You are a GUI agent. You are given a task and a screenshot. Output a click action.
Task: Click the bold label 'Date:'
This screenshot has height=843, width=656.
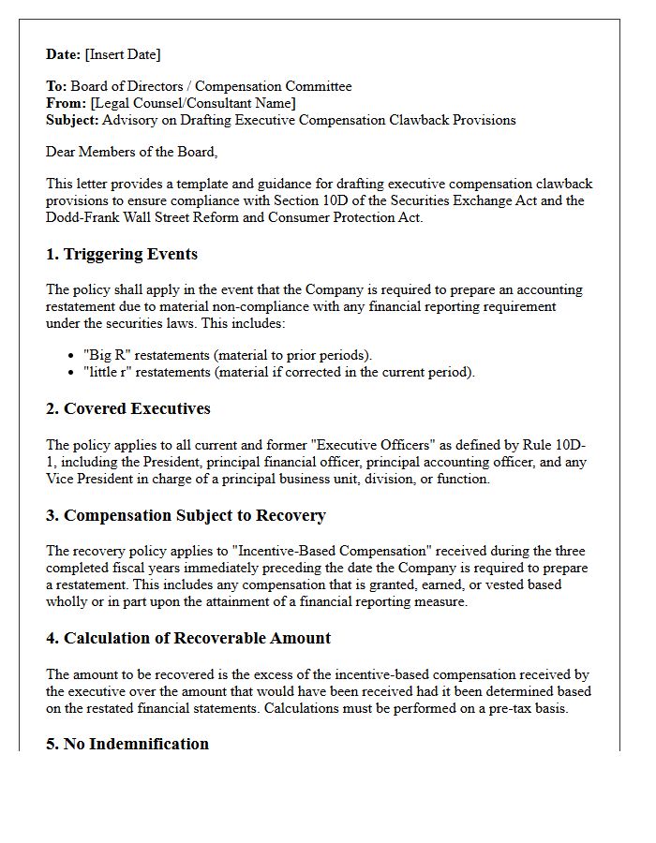pyautogui.click(x=64, y=54)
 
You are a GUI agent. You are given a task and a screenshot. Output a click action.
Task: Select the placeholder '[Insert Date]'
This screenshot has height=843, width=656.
pyautogui.click(x=123, y=54)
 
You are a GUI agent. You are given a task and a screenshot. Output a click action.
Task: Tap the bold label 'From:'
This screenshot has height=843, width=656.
pyautogui.click(x=67, y=103)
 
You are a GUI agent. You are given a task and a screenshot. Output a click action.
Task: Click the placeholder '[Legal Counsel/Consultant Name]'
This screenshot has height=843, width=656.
pyautogui.click(x=192, y=103)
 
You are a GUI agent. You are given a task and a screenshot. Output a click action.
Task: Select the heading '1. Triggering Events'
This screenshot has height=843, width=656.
pyautogui.click(x=122, y=255)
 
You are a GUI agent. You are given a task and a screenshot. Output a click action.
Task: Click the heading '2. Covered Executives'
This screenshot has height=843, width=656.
pyautogui.click(x=127, y=409)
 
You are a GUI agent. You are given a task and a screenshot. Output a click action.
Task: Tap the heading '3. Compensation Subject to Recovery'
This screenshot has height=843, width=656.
pyautogui.click(x=186, y=516)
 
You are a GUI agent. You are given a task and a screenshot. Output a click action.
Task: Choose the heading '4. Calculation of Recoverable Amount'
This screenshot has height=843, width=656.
pyautogui.click(x=187, y=639)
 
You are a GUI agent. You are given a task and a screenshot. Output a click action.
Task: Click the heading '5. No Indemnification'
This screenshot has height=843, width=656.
pyautogui.click(x=127, y=744)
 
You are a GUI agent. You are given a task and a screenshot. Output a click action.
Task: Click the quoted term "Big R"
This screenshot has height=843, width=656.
pyautogui.click(x=108, y=355)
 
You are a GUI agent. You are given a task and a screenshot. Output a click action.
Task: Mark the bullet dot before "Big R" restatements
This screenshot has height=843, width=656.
pyautogui.click(x=72, y=355)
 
